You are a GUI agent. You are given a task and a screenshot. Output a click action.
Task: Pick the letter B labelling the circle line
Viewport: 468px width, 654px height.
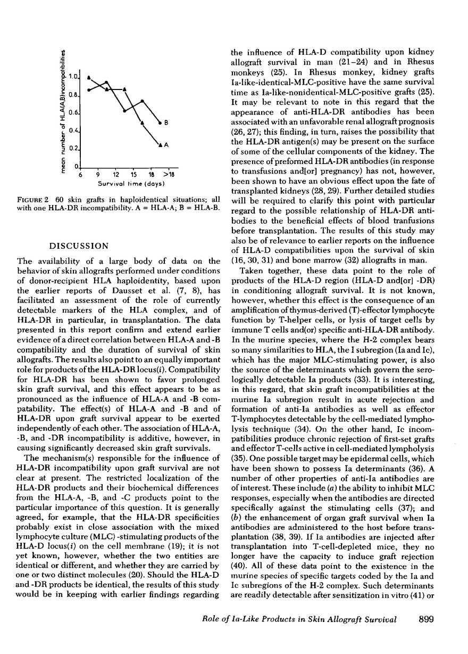pos(166,123)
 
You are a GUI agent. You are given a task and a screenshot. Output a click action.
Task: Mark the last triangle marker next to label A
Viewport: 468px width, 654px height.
pos(160,145)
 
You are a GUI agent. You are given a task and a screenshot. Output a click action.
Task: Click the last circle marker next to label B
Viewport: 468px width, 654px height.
pos(160,123)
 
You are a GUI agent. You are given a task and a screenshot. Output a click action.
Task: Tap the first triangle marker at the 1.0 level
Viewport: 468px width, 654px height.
pos(89,77)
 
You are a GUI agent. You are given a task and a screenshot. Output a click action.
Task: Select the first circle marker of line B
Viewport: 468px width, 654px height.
pos(89,90)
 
